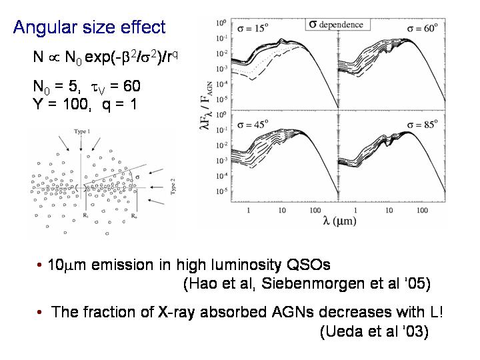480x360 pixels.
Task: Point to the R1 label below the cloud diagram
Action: click(85, 216)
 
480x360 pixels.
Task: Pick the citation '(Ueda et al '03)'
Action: click(373, 331)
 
